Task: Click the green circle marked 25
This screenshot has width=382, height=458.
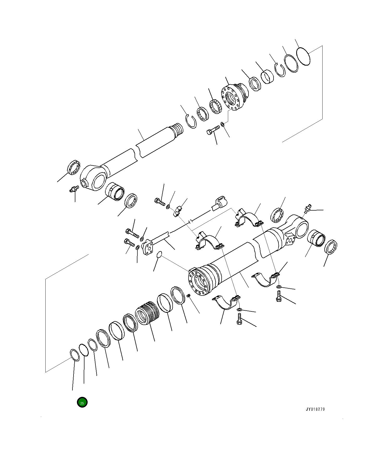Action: point(82,403)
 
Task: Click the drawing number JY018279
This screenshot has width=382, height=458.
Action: point(315,409)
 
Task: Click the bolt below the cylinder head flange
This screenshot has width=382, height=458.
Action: point(213,130)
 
